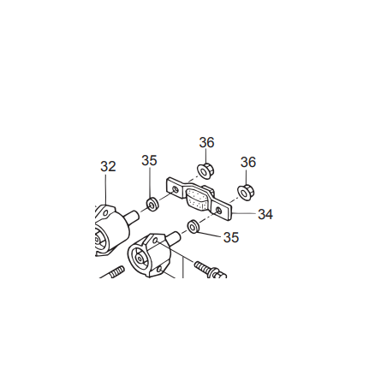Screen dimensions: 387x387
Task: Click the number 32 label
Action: pos(108,166)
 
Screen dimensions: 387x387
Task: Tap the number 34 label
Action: pos(265,214)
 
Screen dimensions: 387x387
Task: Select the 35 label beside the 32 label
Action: pos(149,160)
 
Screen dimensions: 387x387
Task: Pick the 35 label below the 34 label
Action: pos(231,237)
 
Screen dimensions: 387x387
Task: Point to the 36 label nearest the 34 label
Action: pos(248,162)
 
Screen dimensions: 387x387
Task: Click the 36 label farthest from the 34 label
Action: pos(206,142)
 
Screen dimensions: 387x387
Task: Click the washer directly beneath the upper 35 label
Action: pos(152,204)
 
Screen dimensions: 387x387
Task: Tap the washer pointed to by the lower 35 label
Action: pos(193,226)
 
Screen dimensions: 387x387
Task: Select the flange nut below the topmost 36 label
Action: pos(205,170)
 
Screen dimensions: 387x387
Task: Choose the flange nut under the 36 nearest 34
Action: pos(246,192)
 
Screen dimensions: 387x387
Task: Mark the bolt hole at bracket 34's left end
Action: pos(176,189)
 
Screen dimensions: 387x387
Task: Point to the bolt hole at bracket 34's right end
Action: pos(218,211)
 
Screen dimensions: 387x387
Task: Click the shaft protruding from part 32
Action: pos(133,216)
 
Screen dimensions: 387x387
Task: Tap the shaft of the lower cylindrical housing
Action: pos(174,237)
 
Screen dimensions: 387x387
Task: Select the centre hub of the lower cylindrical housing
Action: pos(139,259)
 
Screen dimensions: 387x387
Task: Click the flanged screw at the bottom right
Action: pos(211,270)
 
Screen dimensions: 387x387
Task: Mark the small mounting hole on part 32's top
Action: pos(105,213)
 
